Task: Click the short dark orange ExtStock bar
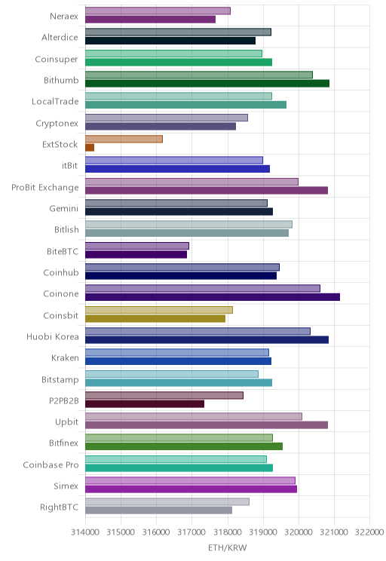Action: (x=90, y=147)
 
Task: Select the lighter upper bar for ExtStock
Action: (x=124, y=139)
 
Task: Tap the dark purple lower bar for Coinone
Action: (x=213, y=297)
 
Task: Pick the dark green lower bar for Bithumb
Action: (x=207, y=84)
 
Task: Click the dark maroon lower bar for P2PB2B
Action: (x=145, y=403)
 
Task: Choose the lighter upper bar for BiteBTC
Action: (x=137, y=246)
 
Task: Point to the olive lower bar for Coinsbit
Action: (x=155, y=318)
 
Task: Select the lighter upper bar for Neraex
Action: (x=158, y=11)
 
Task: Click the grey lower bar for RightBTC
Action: (x=159, y=510)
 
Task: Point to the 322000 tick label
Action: (x=369, y=532)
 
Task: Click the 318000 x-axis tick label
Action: (x=228, y=532)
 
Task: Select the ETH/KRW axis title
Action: (x=228, y=547)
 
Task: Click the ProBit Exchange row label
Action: (x=45, y=188)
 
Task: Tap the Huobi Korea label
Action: (x=53, y=336)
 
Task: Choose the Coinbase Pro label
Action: (x=51, y=464)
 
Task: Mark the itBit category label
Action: (x=69, y=166)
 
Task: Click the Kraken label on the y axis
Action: (x=65, y=357)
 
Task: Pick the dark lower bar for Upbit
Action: (x=207, y=425)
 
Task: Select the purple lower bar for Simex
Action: (x=191, y=489)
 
